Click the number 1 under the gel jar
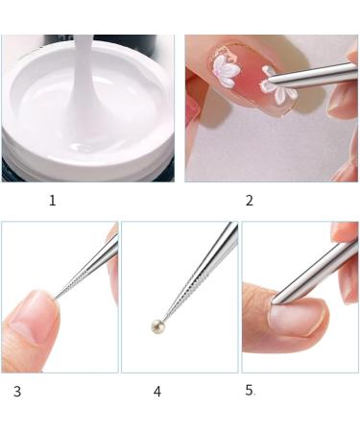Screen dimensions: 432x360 52,201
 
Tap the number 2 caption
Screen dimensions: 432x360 250,201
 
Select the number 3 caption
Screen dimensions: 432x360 17,392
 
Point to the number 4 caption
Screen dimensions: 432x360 156,392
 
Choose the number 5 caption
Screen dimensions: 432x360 250,391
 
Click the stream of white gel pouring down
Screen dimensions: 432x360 85,86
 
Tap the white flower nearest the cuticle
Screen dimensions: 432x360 228,66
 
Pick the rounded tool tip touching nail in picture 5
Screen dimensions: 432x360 276,302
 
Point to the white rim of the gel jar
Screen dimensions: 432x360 29,144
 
